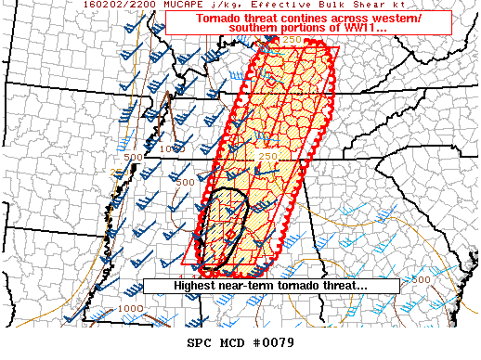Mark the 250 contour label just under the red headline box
pos(292,40)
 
